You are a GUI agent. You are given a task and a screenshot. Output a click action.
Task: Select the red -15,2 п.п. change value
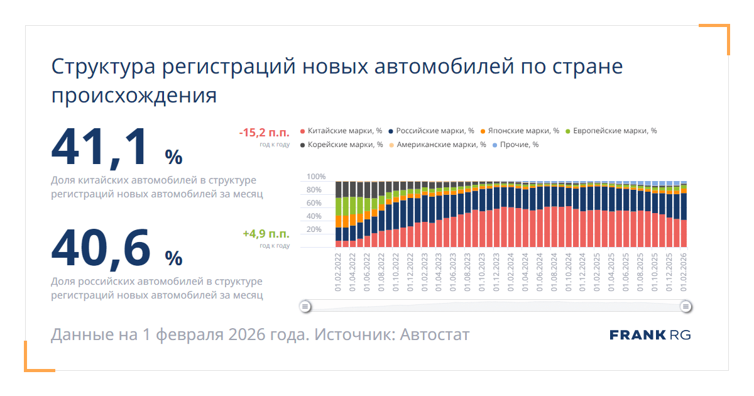point(264,133)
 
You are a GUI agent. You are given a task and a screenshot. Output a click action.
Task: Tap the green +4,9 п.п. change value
point(266,234)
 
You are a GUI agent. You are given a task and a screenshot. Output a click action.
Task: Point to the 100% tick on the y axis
point(316,177)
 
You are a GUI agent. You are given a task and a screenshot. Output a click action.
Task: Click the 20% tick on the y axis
point(314,229)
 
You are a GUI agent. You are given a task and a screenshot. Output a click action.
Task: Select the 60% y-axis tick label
point(314,203)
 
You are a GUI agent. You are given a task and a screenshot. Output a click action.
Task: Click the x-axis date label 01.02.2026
point(684,272)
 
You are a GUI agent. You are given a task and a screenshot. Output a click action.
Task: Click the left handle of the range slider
point(305,307)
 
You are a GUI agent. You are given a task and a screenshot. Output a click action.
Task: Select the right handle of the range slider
point(686,307)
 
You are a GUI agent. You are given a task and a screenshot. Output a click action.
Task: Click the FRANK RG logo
point(650,334)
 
